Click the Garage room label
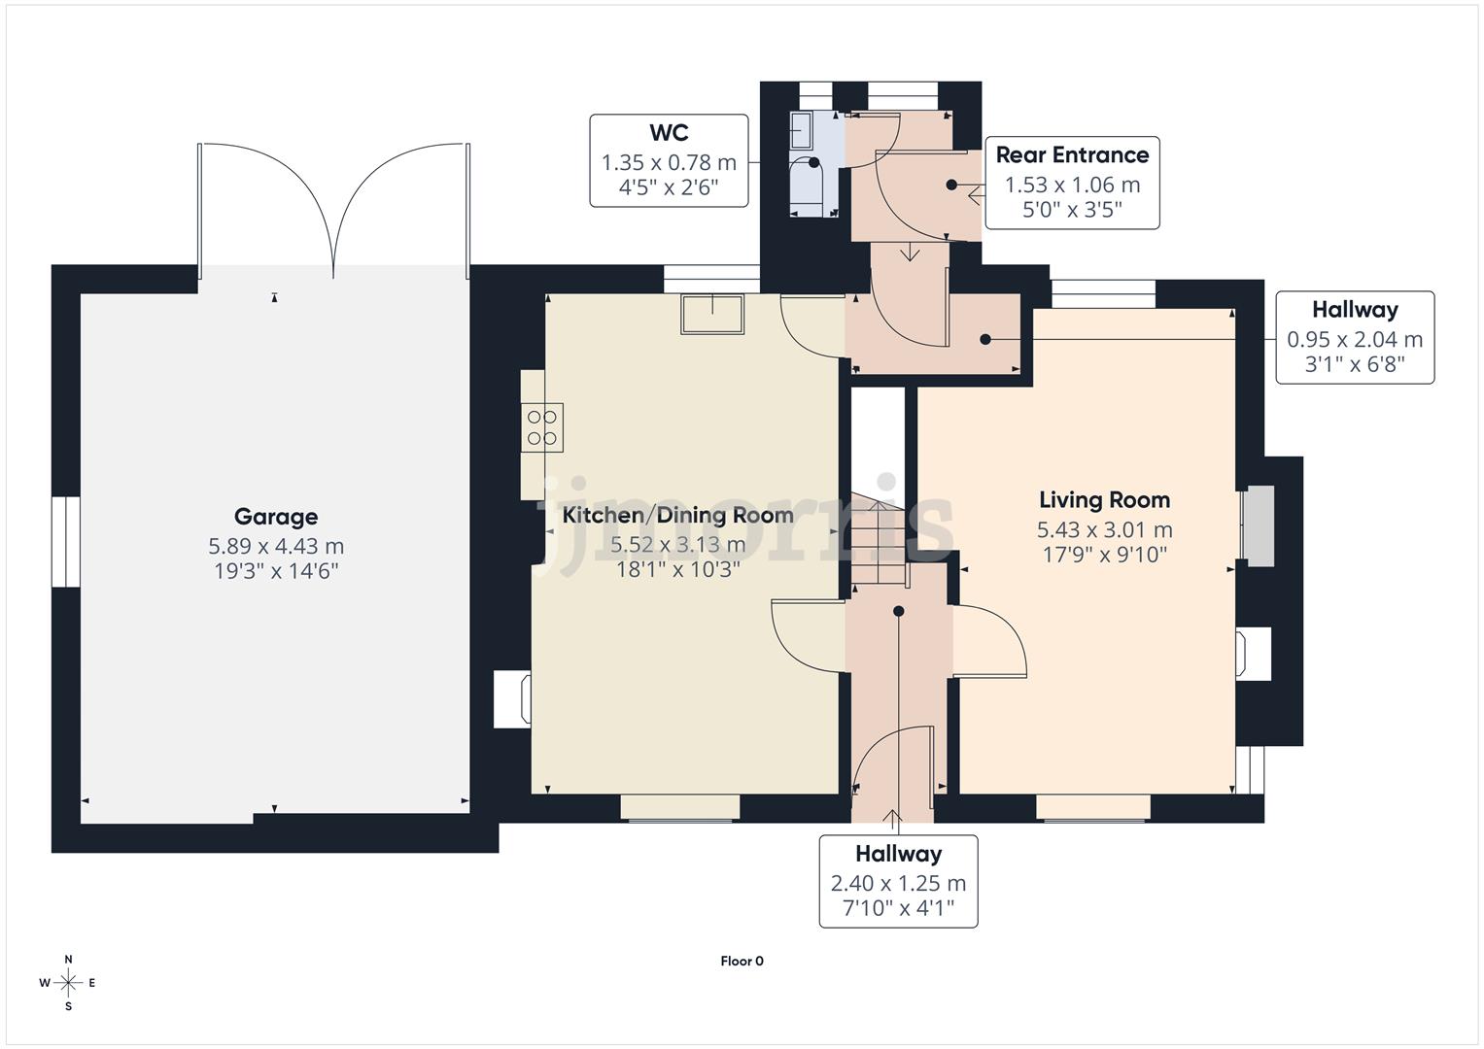click(x=276, y=517)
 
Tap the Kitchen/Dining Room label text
click(x=677, y=515)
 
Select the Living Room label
click(x=1104, y=500)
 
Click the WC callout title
click(x=669, y=133)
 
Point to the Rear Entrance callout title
click(x=1072, y=155)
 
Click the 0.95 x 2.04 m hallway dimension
click(x=1354, y=339)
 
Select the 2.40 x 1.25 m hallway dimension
click(x=898, y=883)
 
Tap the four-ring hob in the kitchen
click(x=542, y=428)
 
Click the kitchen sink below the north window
click(x=713, y=314)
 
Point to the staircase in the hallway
click(x=880, y=544)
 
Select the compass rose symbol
click(x=68, y=983)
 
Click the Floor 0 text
click(x=742, y=961)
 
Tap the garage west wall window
click(x=65, y=542)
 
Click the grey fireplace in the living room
click(x=1259, y=525)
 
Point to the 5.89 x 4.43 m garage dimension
click(x=276, y=546)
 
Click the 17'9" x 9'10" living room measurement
click(x=1104, y=555)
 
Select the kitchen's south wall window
click(x=680, y=807)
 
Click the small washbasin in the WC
click(x=801, y=126)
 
